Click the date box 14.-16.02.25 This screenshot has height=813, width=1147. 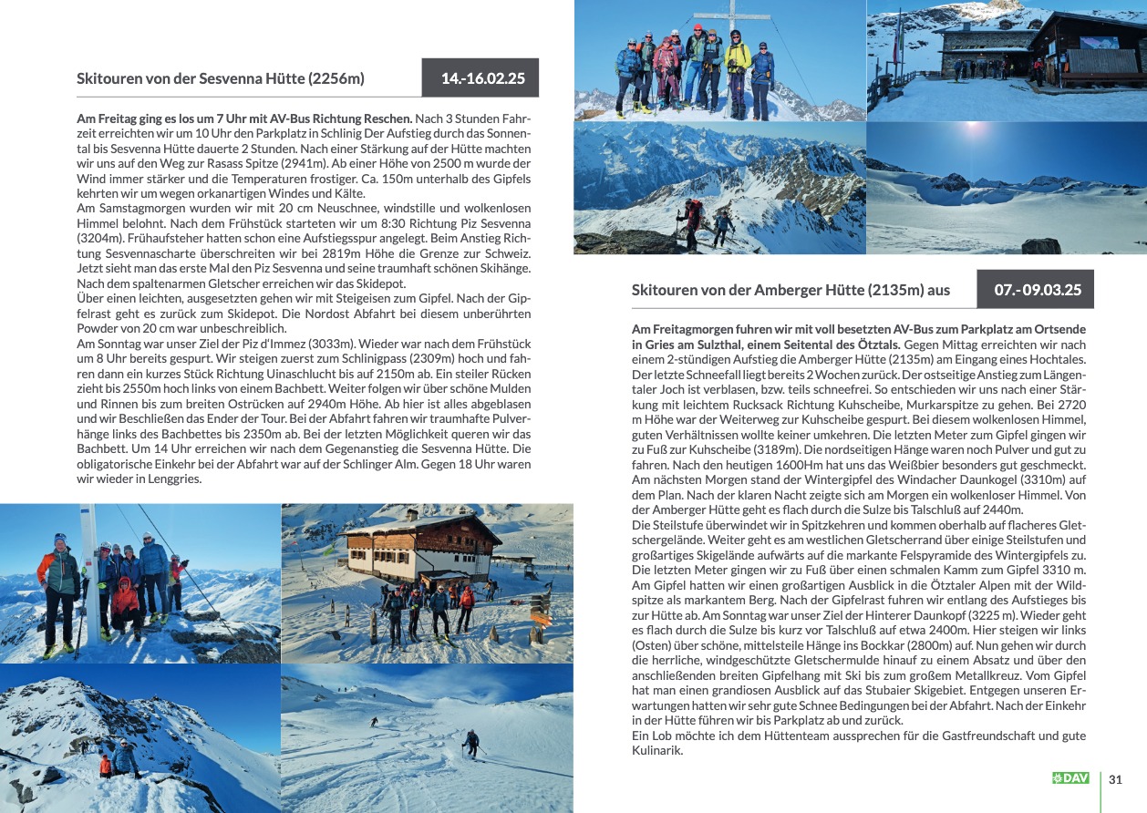click(480, 78)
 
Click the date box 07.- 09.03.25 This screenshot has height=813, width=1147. click(1036, 290)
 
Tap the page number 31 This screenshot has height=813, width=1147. click(1115, 779)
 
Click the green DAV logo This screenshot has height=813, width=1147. click(1070, 778)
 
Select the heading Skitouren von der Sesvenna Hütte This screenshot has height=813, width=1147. click(221, 78)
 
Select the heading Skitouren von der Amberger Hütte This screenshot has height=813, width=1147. click(790, 290)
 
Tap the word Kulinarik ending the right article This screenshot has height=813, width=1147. click(657, 750)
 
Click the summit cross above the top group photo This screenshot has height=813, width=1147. click(719, 15)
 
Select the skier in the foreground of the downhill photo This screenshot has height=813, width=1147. click(471, 743)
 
